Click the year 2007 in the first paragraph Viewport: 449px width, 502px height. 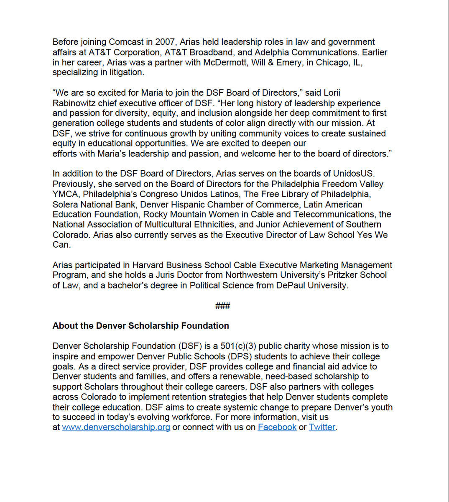click(166, 42)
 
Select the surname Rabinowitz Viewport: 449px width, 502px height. click(74, 103)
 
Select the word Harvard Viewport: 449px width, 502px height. click(148, 265)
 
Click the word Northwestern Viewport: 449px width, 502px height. click(253, 275)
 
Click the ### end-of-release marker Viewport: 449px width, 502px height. click(222, 306)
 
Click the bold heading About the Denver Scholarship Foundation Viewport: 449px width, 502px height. click(140, 326)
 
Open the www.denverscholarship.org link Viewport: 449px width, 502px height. click(116, 428)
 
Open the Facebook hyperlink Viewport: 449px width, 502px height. click(277, 428)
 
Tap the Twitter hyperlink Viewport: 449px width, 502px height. click(322, 428)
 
